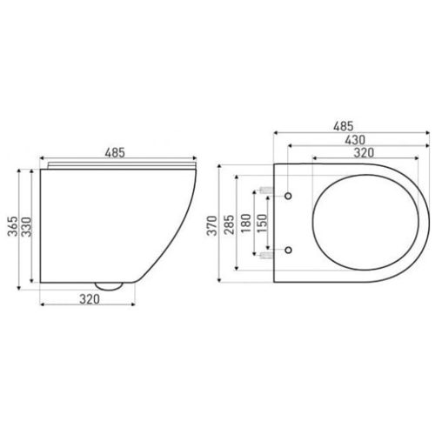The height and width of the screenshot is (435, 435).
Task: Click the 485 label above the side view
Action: pyautogui.click(x=115, y=152)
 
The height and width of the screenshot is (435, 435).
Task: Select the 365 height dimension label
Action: pyautogui.click(x=13, y=226)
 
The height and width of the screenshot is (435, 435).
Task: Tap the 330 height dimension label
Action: pyautogui.click(x=26, y=227)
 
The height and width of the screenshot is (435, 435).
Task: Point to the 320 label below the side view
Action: pyautogui.click(x=90, y=299)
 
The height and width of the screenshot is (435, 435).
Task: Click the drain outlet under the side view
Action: pyautogui.click(x=109, y=286)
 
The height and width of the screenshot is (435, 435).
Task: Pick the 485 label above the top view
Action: pyautogui.click(x=344, y=126)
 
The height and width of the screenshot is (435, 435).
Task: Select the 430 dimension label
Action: pyautogui.click(x=355, y=140)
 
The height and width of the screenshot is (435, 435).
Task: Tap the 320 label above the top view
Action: pyautogui.click(x=364, y=152)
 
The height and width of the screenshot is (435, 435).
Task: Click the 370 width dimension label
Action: pyautogui.click(x=212, y=225)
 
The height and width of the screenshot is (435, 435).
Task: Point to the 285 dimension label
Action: pyautogui.click(x=229, y=224)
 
